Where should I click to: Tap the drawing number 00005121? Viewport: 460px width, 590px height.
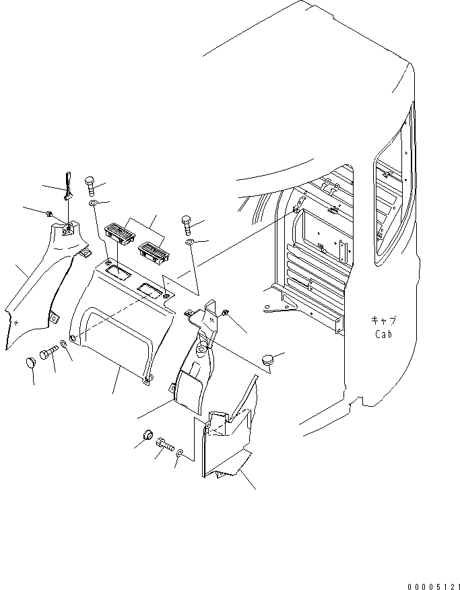(430, 583)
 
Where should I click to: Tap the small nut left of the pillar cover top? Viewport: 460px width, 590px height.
(50, 214)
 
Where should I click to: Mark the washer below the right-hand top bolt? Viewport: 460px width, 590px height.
(191, 242)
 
